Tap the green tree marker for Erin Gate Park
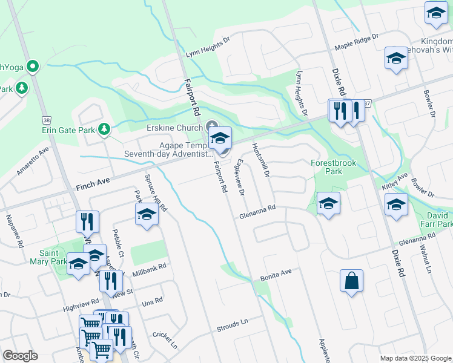point(105,129)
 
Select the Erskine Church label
point(175,128)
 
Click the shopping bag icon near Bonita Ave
point(351,281)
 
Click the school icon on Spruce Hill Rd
point(147,214)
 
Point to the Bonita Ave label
point(276,275)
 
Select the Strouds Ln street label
point(233,323)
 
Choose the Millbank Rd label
point(148,269)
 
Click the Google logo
point(20,356)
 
